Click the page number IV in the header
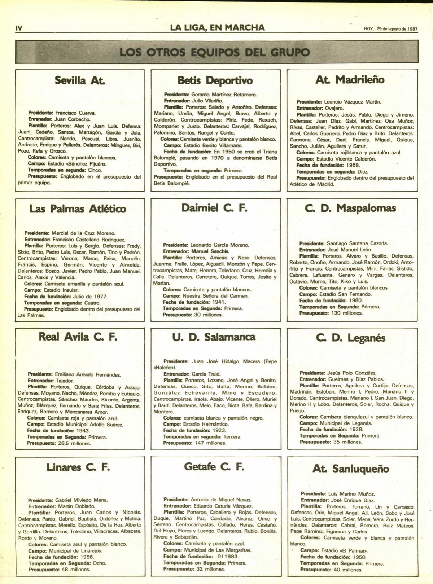click(x=19, y=28)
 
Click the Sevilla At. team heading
click(x=75, y=80)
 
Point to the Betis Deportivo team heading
click(x=215, y=80)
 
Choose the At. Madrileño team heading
click(x=350, y=79)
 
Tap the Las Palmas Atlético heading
click(x=78, y=209)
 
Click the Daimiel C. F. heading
click(x=214, y=208)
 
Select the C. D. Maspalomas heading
click(x=350, y=208)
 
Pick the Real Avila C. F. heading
click(x=78, y=337)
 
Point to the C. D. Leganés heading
click(x=350, y=338)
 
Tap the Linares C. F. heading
click(x=78, y=467)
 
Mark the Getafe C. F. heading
click(x=214, y=467)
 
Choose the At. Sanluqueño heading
click(x=351, y=469)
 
